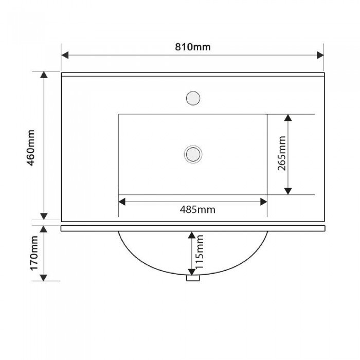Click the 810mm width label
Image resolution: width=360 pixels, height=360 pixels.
pyautogui.click(x=193, y=47)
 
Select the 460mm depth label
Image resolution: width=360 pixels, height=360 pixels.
pyautogui.click(x=30, y=148)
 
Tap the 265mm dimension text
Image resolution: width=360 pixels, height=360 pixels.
pyautogui.click(x=282, y=153)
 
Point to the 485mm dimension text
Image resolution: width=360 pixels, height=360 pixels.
pyautogui.click(x=197, y=210)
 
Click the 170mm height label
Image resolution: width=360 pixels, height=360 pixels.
pyautogui.click(x=34, y=253)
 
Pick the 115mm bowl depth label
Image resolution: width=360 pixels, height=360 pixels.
pyautogui.click(x=200, y=252)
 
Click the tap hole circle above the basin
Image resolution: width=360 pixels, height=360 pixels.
pyautogui.click(x=193, y=98)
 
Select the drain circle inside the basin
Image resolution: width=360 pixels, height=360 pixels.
pyautogui.click(x=193, y=154)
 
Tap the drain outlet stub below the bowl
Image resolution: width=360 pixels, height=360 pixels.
pyautogui.click(x=193, y=278)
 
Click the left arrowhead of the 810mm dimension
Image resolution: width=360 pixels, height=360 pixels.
pyautogui.click(x=65, y=55)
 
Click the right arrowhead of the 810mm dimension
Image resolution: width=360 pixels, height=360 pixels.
pyautogui.click(x=320, y=55)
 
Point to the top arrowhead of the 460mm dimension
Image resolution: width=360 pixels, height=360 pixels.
pyautogui.click(x=44, y=75)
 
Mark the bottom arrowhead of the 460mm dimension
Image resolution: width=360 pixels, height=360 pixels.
pyautogui.click(x=44, y=217)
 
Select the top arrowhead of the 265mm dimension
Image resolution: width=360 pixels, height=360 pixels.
pyautogui.click(x=288, y=118)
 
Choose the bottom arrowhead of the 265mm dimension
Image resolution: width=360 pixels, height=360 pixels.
pyautogui.click(x=288, y=191)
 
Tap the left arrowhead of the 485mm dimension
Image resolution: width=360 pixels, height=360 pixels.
pyautogui.click(x=122, y=202)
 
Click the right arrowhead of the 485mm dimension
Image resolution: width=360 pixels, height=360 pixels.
pyautogui.click(x=263, y=202)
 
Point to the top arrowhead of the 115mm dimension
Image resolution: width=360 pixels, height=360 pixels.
pyautogui.click(x=192, y=235)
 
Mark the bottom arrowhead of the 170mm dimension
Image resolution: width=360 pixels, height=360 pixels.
pyautogui.click(x=44, y=278)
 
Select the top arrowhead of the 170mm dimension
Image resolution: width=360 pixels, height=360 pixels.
pyautogui.click(x=44, y=229)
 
